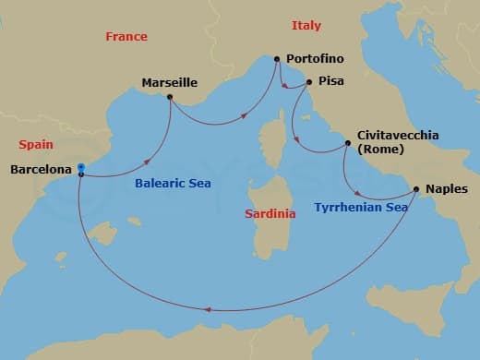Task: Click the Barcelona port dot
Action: click(81, 168)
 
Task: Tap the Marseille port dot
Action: click(170, 96)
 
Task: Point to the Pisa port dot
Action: click(308, 81)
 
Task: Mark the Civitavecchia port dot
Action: click(347, 143)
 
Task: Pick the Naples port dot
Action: click(416, 190)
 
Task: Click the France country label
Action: click(126, 37)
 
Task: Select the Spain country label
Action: click(36, 145)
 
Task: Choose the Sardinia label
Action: click(270, 214)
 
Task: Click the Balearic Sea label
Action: click(173, 184)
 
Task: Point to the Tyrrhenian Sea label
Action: click(361, 209)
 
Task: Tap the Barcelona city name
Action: click(41, 170)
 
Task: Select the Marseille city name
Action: click(170, 83)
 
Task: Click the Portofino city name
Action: click(315, 59)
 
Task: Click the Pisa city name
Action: click(330, 81)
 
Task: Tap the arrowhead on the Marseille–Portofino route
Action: click(245, 116)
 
